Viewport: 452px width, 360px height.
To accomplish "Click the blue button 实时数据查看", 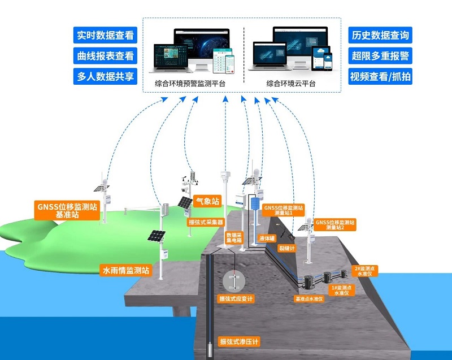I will (x=106, y=35).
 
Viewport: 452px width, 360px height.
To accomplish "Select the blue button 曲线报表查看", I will (x=106, y=55).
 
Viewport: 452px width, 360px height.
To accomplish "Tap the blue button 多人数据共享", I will (x=106, y=76).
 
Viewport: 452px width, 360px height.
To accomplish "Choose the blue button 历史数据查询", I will (x=379, y=35).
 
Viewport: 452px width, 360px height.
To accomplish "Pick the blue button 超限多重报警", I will (x=379, y=55).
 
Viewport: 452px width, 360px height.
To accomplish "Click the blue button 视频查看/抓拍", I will (x=379, y=76).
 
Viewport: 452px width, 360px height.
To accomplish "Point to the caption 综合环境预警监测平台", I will (x=190, y=84).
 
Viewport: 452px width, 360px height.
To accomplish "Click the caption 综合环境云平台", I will (x=291, y=84).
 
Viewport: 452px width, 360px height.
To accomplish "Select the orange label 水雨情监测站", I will (x=125, y=270).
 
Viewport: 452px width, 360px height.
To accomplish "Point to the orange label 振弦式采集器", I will (x=206, y=223).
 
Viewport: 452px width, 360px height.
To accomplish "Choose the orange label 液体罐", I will (x=266, y=238).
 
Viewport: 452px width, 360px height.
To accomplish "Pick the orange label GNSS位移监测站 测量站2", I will (x=335, y=226).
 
